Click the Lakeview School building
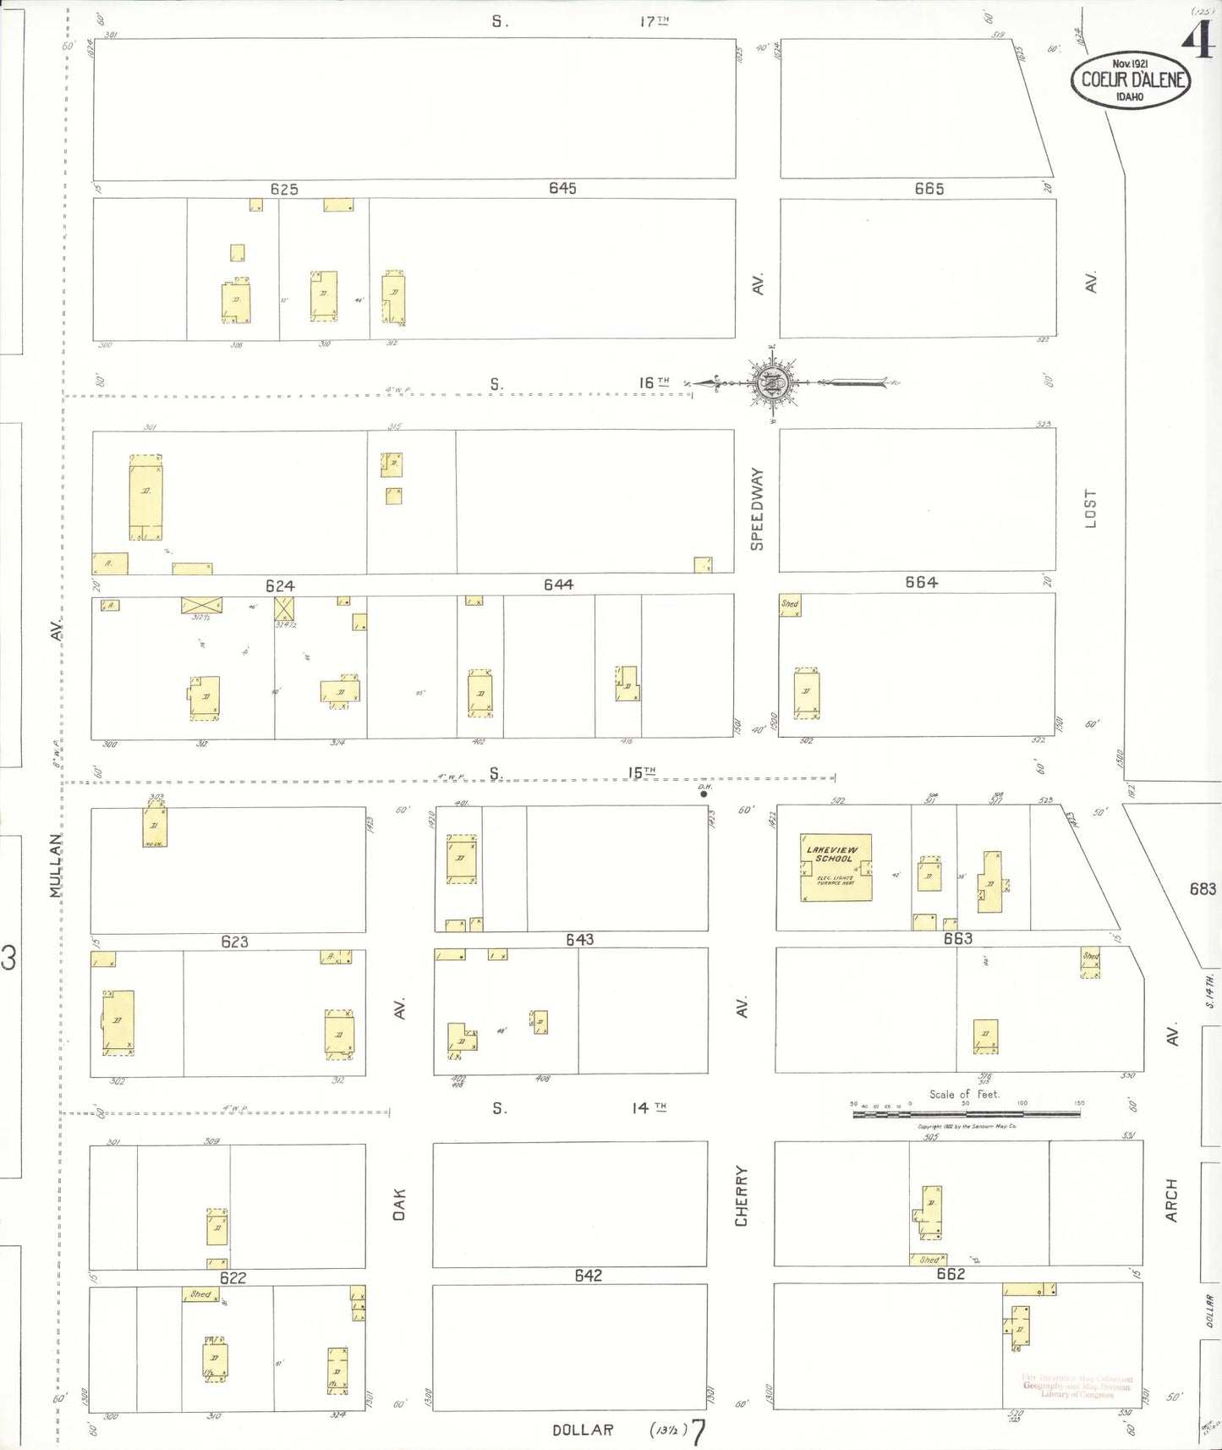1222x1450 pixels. pos(836,867)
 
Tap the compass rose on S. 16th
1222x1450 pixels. pos(771,383)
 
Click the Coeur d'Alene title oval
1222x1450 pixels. pos(1130,80)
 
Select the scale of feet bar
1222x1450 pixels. pos(966,1114)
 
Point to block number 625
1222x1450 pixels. pos(284,189)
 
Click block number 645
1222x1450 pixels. pos(562,188)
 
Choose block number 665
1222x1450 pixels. pos(929,189)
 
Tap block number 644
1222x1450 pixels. pos(558,585)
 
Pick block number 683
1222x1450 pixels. pos(1203,888)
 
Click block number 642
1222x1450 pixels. pos(588,1275)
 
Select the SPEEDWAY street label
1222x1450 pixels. pos(757,508)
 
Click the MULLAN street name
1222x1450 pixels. pos(56,865)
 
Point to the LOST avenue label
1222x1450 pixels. pos(1090,508)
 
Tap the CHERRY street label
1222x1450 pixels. pos(742,1195)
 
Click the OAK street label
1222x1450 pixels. pos(399,1204)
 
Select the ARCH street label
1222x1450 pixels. pos(1171,1200)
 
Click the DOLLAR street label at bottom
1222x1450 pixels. pos(583,1430)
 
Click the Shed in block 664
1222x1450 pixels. pos(790,605)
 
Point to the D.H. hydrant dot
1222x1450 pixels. pos(704,794)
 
